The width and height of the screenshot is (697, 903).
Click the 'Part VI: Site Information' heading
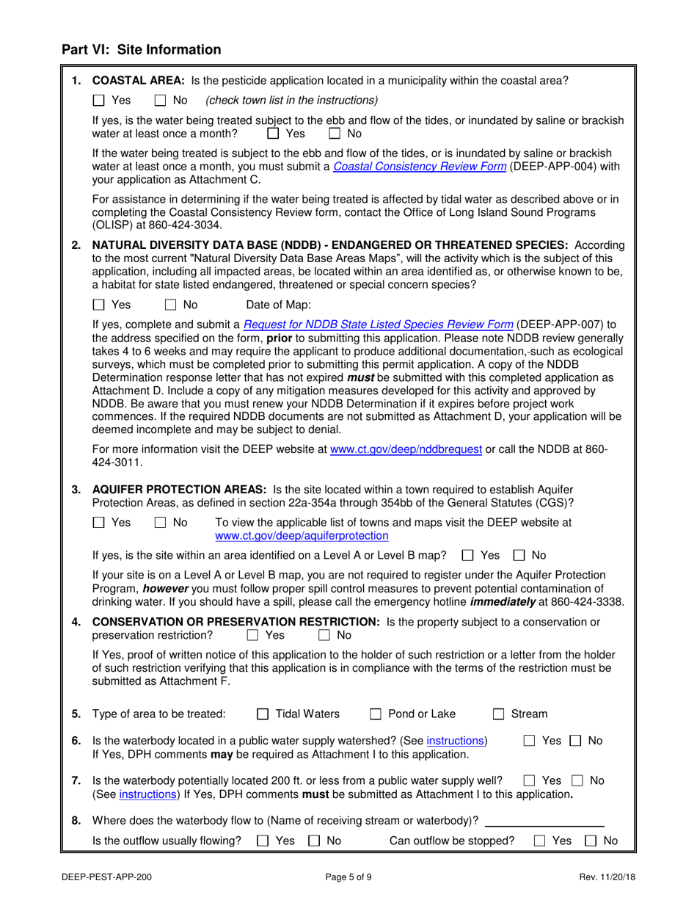(x=141, y=50)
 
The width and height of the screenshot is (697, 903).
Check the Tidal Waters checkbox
(x=263, y=714)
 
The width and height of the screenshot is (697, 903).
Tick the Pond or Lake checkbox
(x=376, y=714)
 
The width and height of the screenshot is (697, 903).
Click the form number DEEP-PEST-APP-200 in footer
(x=107, y=875)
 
